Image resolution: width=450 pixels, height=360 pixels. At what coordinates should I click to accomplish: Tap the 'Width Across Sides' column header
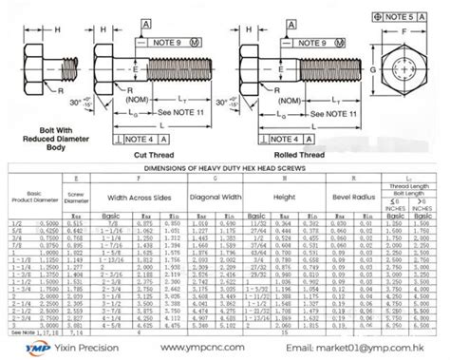[139, 198]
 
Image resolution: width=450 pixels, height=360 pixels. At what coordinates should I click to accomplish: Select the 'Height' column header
[282, 198]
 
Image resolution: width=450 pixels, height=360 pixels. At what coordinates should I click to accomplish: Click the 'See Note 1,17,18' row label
[28, 332]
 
